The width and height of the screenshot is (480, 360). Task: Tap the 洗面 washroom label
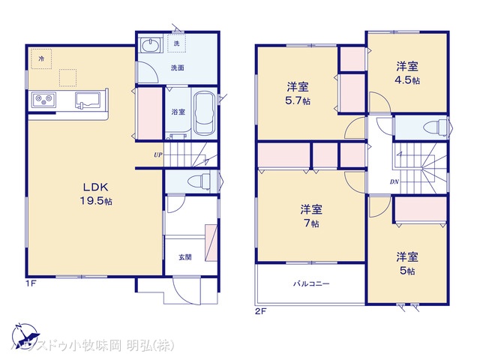point(177,68)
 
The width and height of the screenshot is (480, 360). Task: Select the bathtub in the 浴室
point(203,114)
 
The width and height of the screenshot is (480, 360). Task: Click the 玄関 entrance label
point(184,257)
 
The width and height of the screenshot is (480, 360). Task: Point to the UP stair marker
point(157,154)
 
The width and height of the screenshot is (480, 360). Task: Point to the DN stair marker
point(394,182)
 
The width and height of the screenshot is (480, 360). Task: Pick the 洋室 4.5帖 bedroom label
point(408,73)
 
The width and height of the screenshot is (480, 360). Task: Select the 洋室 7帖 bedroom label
point(311,216)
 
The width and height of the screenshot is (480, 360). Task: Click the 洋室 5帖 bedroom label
point(408,263)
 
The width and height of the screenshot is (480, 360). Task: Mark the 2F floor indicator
point(260,309)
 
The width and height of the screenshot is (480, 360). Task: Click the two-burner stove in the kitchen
point(42,100)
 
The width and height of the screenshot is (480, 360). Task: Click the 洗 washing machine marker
point(177,43)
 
